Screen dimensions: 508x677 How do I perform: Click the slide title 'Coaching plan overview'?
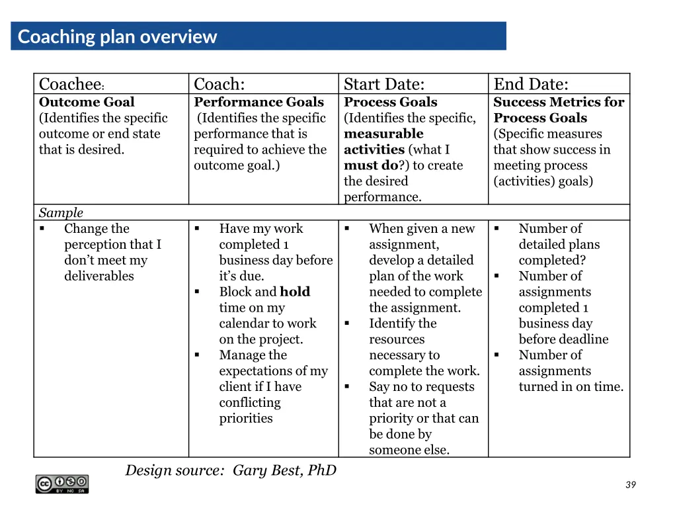(x=117, y=36)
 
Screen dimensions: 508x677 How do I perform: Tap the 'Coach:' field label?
(x=219, y=85)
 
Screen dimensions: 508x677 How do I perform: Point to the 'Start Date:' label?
(x=383, y=85)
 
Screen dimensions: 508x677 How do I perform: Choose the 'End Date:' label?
(x=530, y=85)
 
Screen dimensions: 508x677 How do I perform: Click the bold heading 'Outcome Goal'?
(x=87, y=102)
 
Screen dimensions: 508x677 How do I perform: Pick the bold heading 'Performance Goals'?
(x=259, y=102)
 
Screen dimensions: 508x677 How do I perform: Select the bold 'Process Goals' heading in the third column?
(x=390, y=102)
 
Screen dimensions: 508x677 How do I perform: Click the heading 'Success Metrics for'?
(x=558, y=102)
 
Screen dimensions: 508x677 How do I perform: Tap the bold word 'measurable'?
(x=383, y=134)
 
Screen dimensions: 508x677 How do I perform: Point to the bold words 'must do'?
(x=370, y=165)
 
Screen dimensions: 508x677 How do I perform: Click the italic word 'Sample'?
(x=61, y=212)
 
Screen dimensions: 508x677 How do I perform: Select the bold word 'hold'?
(x=295, y=292)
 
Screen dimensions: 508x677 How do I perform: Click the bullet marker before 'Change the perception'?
(x=42, y=229)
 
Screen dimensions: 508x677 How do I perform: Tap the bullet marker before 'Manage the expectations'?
(x=197, y=355)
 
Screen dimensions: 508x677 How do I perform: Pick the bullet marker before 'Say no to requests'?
(x=346, y=387)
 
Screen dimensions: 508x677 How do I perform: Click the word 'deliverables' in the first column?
(x=99, y=276)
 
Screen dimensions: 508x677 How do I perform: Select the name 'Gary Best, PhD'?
(x=284, y=470)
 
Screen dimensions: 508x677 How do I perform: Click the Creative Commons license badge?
(x=62, y=484)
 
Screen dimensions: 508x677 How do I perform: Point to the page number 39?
(x=630, y=485)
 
